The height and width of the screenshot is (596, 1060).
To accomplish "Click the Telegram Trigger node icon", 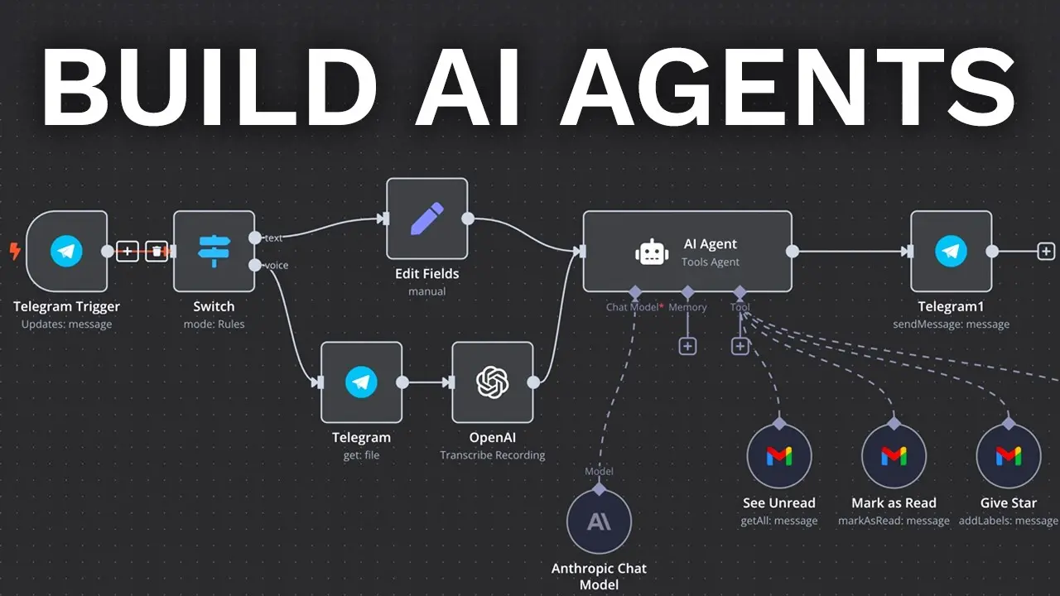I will click(66, 252).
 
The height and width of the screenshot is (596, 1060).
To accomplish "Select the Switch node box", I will click(214, 252).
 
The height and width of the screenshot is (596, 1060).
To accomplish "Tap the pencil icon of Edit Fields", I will click(426, 219).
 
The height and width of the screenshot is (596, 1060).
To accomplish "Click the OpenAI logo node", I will click(492, 382).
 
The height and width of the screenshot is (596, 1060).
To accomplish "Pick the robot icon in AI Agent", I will click(652, 252).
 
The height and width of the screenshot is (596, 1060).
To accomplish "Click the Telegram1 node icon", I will click(951, 252).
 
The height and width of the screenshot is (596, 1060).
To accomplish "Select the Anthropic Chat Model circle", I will click(599, 521).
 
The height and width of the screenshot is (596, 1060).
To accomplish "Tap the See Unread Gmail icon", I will click(778, 456).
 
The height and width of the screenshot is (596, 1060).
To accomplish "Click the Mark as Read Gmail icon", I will click(894, 456).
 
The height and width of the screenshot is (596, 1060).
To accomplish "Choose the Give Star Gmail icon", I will click(1008, 456).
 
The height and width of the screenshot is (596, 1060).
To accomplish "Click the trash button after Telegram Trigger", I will click(157, 252).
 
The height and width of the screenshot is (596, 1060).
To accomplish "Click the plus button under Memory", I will click(687, 346).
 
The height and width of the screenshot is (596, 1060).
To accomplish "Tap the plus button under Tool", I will click(740, 346).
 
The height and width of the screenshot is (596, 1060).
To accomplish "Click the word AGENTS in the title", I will click(787, 85).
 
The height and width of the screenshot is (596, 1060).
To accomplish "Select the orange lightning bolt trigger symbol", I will click(14, 251).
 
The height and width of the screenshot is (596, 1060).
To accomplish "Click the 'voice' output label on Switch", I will click(276, 265).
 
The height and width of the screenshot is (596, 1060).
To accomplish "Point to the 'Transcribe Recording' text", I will click(492, 455).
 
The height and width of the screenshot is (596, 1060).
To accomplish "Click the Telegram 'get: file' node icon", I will click(361, 382).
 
